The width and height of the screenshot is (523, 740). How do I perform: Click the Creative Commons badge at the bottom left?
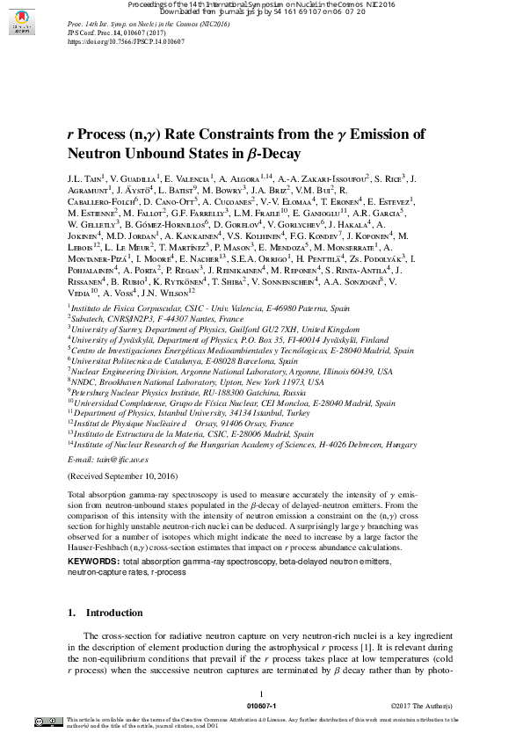coord(47,722)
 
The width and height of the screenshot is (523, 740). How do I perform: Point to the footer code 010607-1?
coord(262,706)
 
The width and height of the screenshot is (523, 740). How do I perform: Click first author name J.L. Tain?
coord(84,178)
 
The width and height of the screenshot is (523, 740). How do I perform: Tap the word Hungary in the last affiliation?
coord(401,445)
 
